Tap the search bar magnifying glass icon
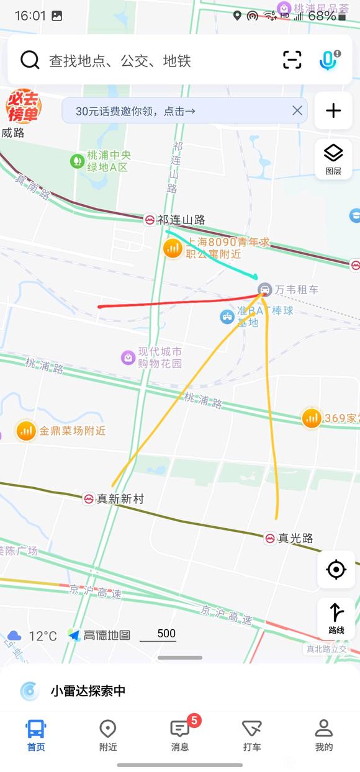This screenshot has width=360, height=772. (30, 60)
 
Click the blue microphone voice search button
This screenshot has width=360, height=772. (328, 60)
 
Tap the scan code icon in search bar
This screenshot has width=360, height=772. (292, 60)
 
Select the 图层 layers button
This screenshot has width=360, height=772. (333, 159)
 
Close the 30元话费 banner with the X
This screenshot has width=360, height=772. (297, 110)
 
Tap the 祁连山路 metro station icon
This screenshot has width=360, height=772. (150, 220)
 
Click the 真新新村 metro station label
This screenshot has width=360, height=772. (120, 498)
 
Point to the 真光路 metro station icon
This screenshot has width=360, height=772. (270, 538)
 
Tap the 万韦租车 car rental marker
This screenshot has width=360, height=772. (265, 289)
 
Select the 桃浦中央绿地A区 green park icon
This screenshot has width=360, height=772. (77, 161)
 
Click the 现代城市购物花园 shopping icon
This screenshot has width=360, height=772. (128, 357)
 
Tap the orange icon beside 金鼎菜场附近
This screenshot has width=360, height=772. (26, 431)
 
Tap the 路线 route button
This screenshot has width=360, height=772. (336, 618)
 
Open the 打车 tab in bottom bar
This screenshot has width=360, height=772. (252, 735)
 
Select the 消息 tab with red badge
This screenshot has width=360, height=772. (180, 735)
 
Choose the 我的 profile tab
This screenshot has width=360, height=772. (323, 735)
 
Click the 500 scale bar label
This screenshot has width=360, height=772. (166, 634)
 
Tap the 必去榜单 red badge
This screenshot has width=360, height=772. (24, 107)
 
